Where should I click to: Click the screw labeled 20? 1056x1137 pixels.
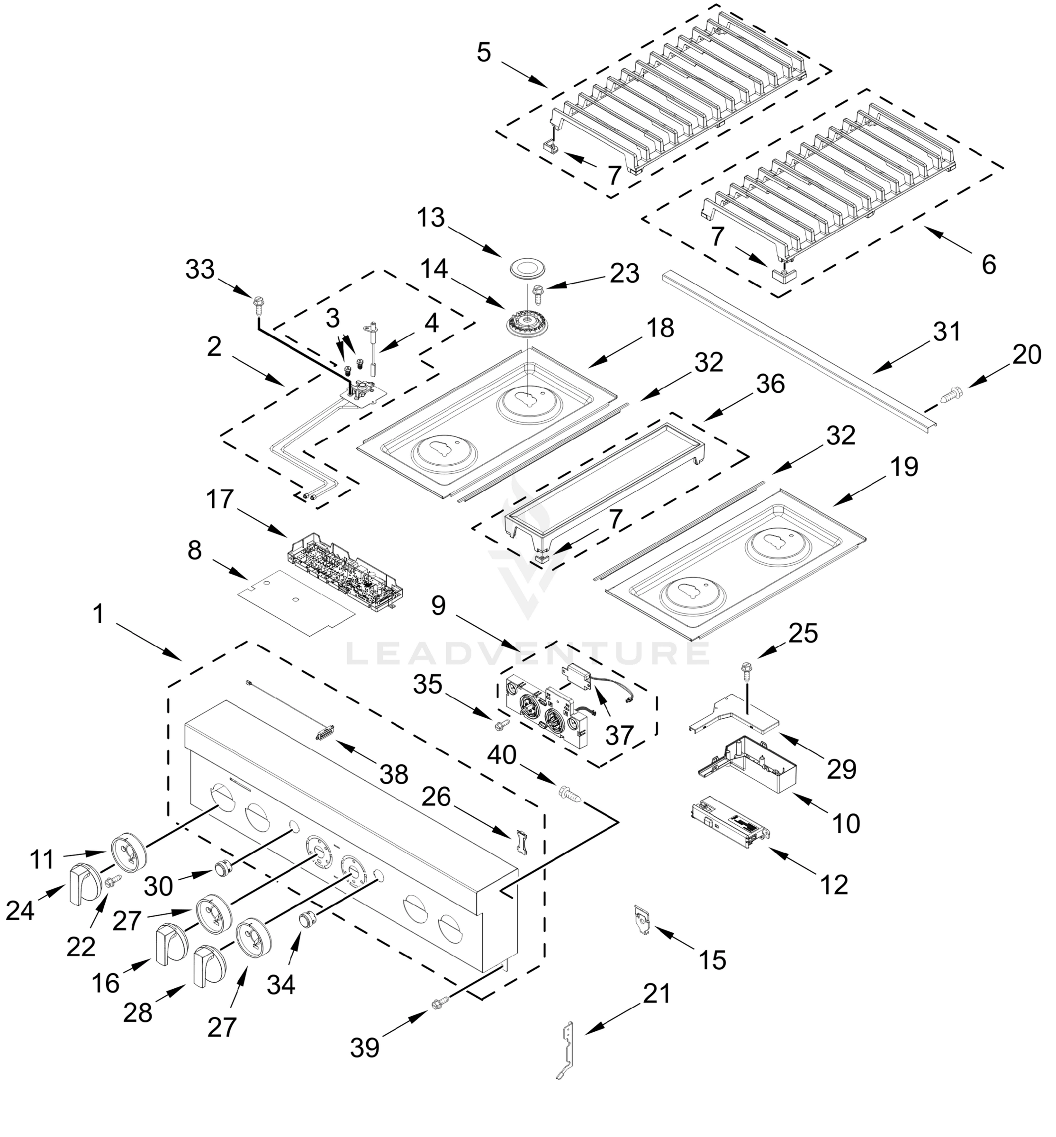coord(950,394)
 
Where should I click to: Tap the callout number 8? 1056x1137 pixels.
coord(194,550)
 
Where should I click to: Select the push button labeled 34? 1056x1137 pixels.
coord(308,920)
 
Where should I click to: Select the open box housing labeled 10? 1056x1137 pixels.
coord(749,764)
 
